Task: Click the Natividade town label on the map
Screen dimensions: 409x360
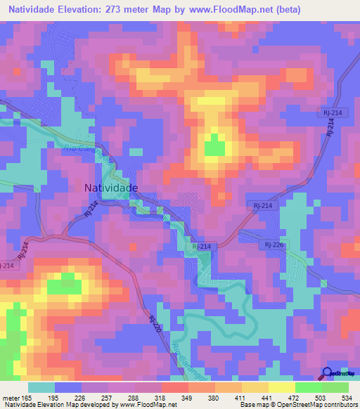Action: coord(111,188)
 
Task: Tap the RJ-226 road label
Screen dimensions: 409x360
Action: coord(274,244)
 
